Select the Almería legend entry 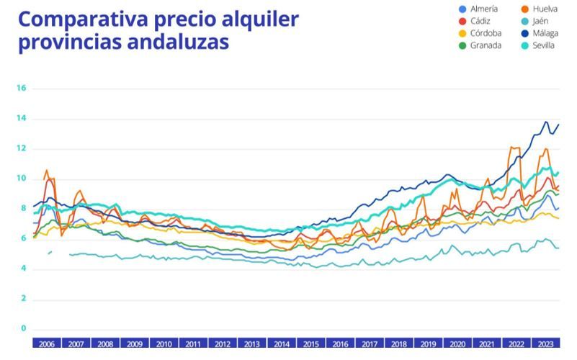point(483,9)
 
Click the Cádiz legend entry point(480,21)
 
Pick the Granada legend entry point(485,45)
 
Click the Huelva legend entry point(544,9)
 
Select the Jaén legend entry point(540,21)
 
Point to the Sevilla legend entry point(543,45)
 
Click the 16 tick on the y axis point(21,89)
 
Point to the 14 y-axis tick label point(21,119)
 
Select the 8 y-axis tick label point(23,210)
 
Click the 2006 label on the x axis point(47,344)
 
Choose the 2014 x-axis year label point(282,344)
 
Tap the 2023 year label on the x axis point(545,344)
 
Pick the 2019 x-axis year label point(428,344)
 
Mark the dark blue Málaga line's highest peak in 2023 point(545,122)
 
